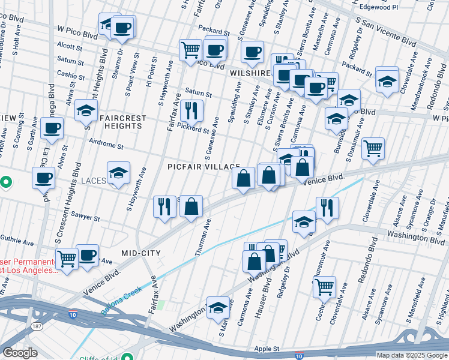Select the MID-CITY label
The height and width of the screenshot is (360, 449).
(141, 253)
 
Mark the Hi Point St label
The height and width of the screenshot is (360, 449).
(150, 73)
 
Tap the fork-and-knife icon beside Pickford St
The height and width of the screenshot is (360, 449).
(191, 110)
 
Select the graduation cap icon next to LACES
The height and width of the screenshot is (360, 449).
(118, 173)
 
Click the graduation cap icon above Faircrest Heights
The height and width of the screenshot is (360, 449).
(86, 110)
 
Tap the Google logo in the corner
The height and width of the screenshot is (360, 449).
(20, 353)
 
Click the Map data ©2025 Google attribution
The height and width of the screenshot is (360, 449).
(412, 355)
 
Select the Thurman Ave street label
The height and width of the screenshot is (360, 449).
(202, 238)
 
